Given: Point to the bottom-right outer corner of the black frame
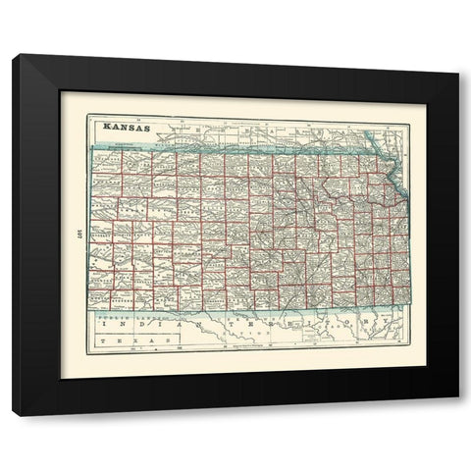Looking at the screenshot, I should click(x=457, y=395).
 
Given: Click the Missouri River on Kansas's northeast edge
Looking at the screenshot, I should click(x=394, y=183).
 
